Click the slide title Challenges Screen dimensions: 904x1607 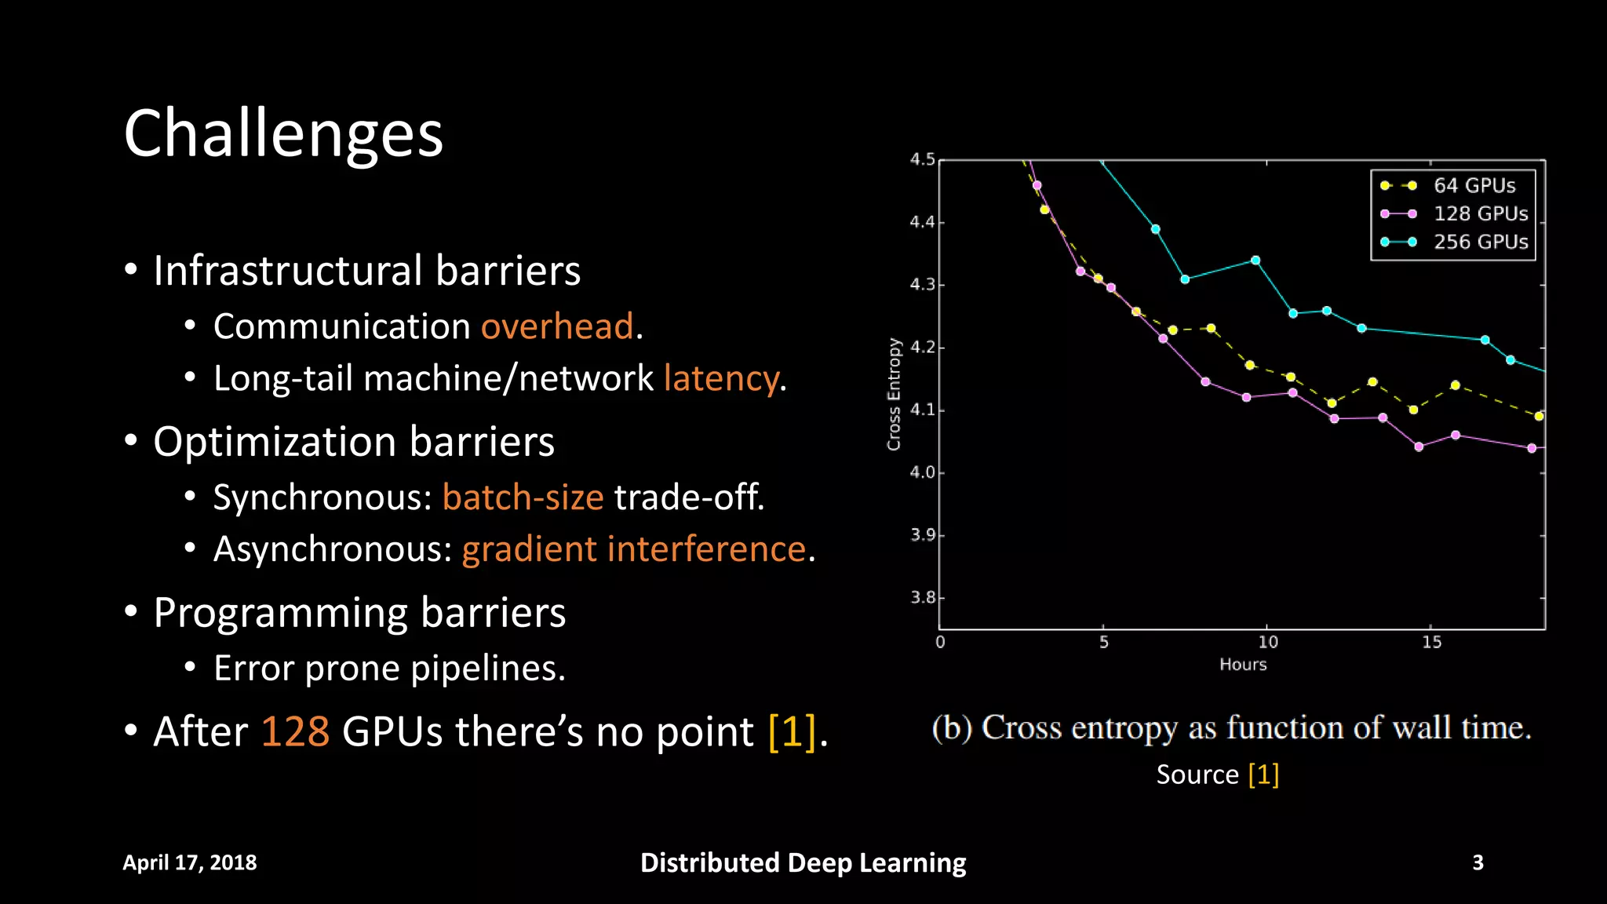pyautogui.click(x=283, y=133)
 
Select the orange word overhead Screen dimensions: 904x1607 pyautogui.click(x=557, y=326)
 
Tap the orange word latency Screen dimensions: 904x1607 pyautogui.click(x=722, y=378)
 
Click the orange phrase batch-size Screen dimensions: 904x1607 pyautogui.click(x=523, y=498)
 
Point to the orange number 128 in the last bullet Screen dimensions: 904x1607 pyautogui.click(x=295, y=731)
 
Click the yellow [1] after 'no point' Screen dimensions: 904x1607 pyautogui.click(x=793, y=731)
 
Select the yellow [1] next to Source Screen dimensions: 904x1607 pyautogui.click(x=1263, y=775)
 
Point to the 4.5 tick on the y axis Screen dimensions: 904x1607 pyautogui.click(x=922, y=159)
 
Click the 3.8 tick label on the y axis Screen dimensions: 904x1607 pyautogui.click(x=922, y=597)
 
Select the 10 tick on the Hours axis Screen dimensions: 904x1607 pyautogui.click(x=1268, y=642)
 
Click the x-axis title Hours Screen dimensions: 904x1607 pyautogui.click(x=1243, y=665)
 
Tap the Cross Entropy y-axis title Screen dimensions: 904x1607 pyautogui.click(x=894, y=394)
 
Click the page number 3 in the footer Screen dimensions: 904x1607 pyautogui.click(x=1478, y=862)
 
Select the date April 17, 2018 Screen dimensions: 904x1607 pyautogui.click(x=190, y=862)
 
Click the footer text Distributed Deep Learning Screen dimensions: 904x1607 pyautogui.click(x=803, y=862)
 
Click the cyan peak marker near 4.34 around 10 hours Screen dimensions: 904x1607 pyautogui.click(x=1255, y=260)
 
